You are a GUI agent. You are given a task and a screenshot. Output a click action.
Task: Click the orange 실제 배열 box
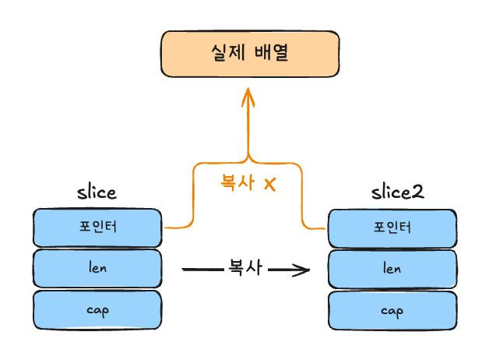(250, 54)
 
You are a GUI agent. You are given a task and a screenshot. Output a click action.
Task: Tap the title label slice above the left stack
(97, 192)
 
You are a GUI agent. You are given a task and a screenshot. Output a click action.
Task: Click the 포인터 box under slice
(97, 227)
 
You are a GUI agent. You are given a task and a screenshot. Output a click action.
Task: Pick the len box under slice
(97, 268)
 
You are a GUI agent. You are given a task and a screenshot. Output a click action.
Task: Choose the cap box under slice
(97, 309)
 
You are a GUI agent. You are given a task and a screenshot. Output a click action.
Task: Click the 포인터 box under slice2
(392, 228)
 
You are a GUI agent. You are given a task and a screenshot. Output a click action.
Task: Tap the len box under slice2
(392, 269)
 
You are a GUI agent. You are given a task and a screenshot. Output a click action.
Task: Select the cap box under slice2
(392, 310)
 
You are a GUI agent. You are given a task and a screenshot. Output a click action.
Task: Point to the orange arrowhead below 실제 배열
(248, 97)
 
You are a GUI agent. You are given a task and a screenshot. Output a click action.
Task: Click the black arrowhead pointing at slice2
(302, 271)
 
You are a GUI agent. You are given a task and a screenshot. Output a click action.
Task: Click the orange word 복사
(238, 184)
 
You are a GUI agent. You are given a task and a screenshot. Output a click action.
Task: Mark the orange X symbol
(270, 185)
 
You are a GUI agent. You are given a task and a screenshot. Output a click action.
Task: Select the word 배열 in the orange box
(272, 54)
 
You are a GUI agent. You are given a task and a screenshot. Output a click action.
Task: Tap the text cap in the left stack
(97, 309)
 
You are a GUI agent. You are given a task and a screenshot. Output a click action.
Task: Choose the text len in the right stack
(392, 269)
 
